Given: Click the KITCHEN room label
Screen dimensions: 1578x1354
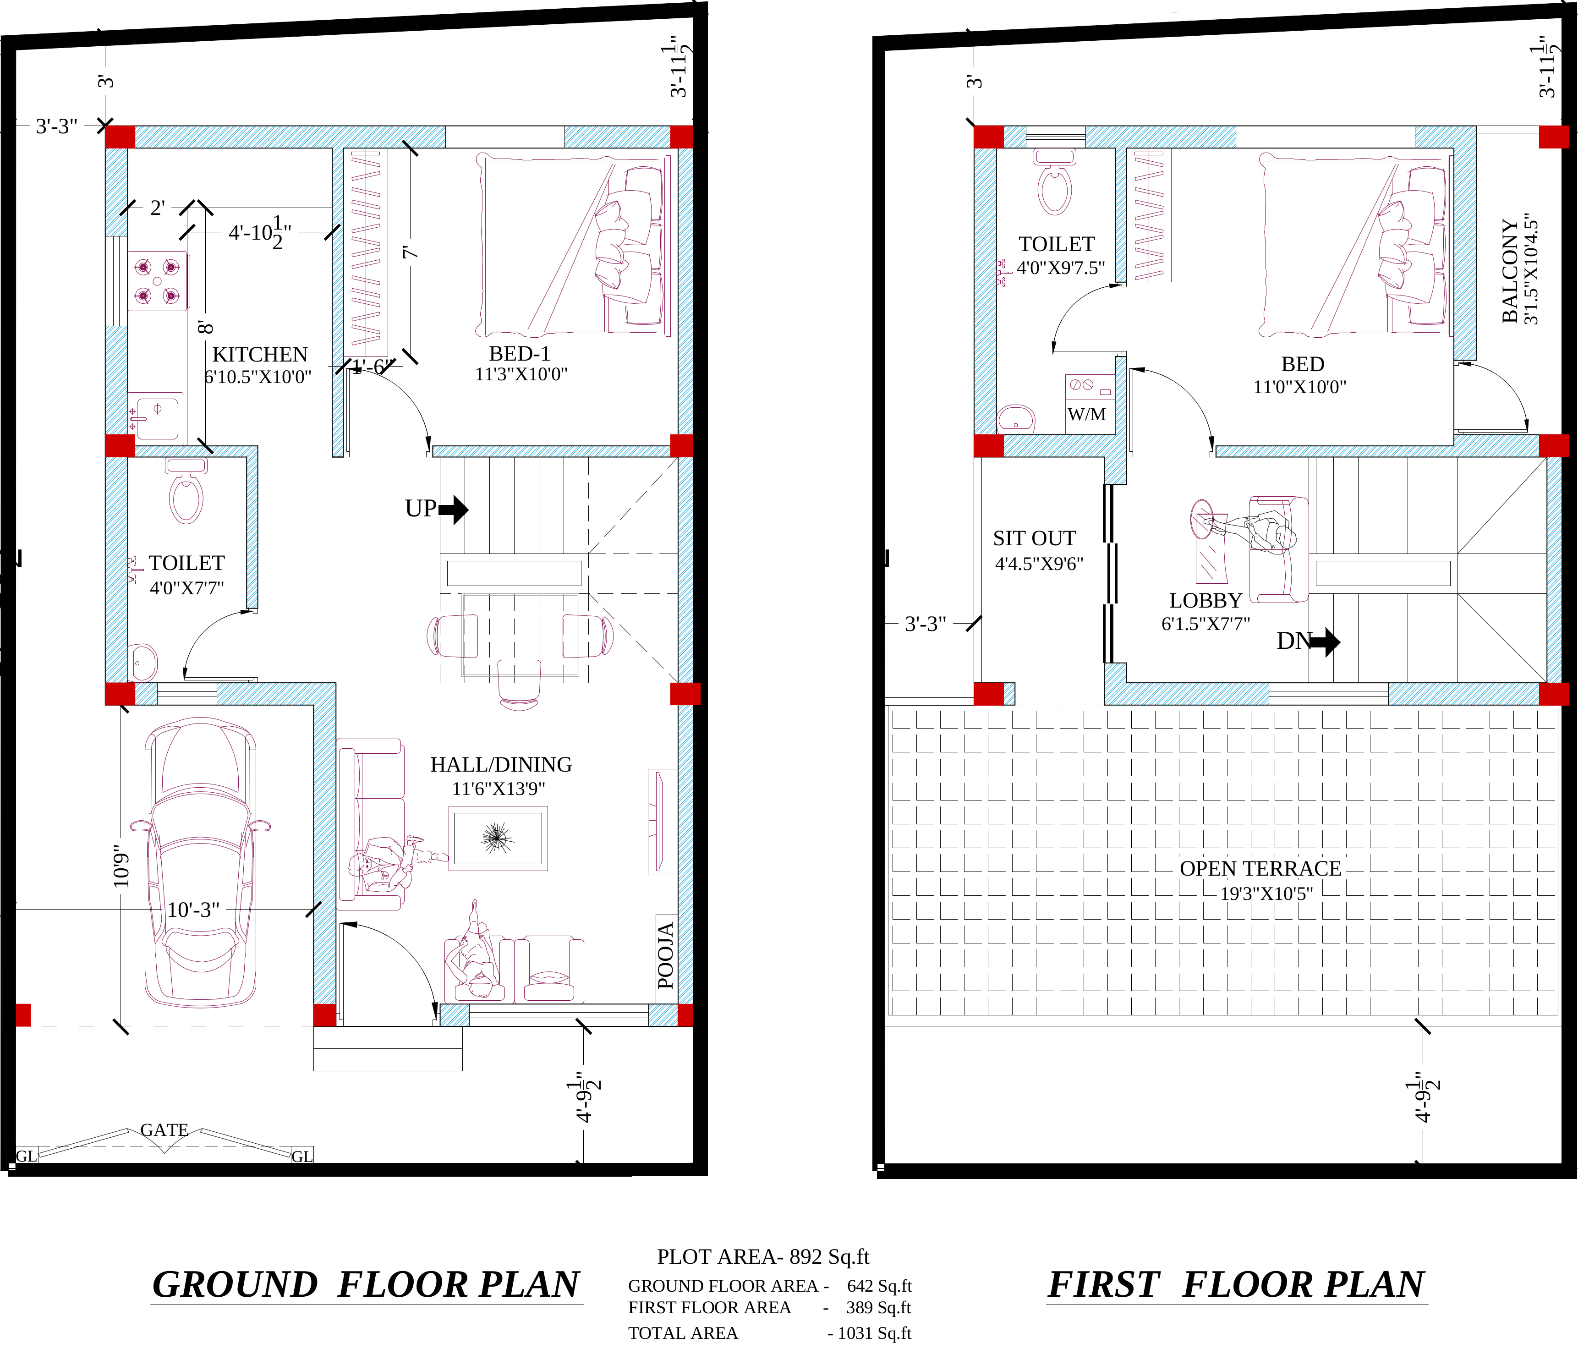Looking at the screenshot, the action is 260,355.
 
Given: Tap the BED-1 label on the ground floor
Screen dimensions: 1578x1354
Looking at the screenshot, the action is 520,354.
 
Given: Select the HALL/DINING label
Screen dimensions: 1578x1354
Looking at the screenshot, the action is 501,765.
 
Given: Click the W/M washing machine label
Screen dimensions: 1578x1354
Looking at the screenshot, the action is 1087,414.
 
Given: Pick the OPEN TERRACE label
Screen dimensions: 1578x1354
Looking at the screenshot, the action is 1260,869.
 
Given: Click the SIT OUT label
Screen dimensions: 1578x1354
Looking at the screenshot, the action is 1034,538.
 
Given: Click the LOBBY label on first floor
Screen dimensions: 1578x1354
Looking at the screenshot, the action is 1205,601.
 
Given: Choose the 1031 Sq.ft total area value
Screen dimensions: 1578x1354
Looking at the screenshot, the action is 874,1333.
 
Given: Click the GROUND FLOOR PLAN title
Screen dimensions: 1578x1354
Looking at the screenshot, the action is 367,1285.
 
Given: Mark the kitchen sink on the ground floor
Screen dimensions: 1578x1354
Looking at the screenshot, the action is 156,417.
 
